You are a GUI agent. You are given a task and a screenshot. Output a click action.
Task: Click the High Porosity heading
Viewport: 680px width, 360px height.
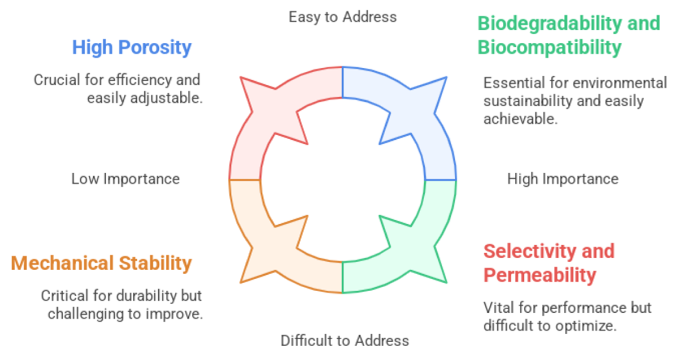131,48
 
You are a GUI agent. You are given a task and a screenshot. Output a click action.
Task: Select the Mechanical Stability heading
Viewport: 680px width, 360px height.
101,264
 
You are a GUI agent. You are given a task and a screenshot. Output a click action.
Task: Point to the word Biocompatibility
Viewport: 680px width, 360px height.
550,48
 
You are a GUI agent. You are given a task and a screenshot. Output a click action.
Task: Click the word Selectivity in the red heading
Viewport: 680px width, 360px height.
529,252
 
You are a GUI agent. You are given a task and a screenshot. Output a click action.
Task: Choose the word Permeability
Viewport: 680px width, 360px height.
539,275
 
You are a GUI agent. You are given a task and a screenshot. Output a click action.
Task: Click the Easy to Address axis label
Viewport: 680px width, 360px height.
343,17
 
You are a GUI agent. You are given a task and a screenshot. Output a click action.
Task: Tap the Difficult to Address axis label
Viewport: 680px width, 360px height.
345,341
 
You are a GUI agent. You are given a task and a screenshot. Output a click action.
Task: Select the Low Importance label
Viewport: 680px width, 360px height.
125,179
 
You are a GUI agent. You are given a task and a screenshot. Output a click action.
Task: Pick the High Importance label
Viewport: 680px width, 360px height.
563,179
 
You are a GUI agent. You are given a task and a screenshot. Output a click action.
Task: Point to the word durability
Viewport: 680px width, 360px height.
147,296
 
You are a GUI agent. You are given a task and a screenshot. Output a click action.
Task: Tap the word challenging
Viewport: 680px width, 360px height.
86,314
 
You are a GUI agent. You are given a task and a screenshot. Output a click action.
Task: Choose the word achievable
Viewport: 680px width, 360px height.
521,119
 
